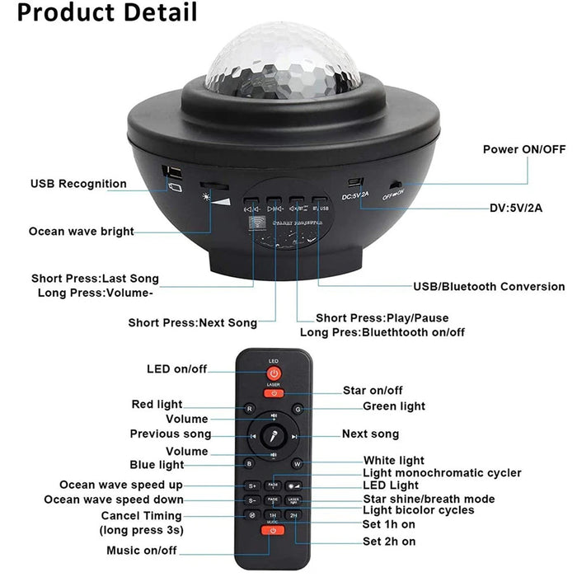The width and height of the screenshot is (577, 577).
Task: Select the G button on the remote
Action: [x=298, y=408]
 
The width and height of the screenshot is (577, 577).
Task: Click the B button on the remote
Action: [x=249, y=464]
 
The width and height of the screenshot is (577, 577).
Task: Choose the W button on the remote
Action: [x=297, y=464]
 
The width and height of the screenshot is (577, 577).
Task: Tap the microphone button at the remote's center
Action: [x=273, y=436]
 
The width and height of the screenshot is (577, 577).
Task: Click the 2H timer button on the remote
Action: [x=294, y=514]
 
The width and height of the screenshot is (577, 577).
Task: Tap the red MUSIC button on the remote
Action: [x=273, y=531]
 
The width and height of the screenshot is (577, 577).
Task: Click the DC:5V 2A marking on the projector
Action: [x=356, y=194]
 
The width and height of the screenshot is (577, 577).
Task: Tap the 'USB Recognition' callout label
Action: [x=79, y=184]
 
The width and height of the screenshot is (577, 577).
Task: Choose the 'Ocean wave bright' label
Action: [x=82, y=232]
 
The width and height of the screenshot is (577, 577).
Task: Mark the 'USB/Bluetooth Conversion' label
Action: [x=489, y=287]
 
